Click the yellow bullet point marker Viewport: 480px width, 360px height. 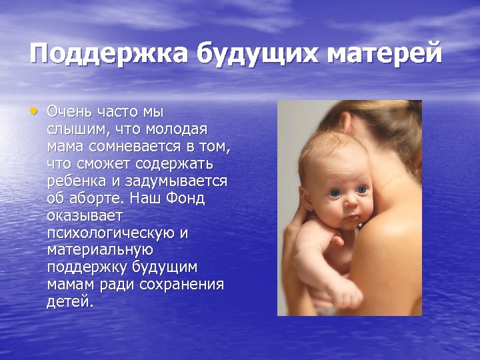pos(34,111)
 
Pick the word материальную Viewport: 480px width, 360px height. pos(101,250)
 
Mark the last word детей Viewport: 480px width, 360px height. pos(69,301)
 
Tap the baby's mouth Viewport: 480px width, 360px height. pos(352,220)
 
